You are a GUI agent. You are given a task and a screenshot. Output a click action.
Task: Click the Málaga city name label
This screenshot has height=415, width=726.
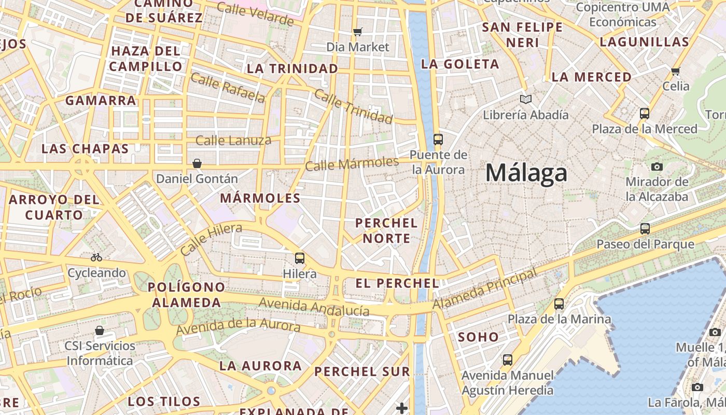coord(526,173)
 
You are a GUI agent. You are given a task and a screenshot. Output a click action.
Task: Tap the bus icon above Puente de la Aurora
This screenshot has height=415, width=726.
coord(438,139)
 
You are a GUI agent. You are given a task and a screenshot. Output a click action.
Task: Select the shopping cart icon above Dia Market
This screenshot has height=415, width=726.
coord(357,32)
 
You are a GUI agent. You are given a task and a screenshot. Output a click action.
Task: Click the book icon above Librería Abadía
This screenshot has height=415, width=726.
coord(526,99)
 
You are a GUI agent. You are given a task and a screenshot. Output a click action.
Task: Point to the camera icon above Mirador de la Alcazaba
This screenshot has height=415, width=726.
coord(657,167)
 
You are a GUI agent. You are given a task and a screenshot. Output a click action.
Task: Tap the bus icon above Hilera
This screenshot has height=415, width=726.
coord(300,258)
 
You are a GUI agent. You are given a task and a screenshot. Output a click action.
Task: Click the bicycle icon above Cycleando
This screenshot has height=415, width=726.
coord(96,257)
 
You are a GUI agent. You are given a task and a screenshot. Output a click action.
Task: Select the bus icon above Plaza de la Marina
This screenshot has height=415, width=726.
coord(559,303)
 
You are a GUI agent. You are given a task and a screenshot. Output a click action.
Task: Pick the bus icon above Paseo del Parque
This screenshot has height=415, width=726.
coord(645,228)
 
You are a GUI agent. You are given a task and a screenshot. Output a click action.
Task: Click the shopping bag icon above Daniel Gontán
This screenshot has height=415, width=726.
coord(197,163)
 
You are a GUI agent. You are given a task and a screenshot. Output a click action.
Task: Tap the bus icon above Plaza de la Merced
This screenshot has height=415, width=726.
coord(645,113)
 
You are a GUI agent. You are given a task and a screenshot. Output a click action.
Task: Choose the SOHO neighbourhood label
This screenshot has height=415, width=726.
coord(478,337)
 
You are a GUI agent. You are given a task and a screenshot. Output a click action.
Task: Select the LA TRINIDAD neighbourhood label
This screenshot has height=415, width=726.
coord(292,68)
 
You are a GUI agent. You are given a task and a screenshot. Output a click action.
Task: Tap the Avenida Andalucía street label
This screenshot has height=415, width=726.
coord(314,307)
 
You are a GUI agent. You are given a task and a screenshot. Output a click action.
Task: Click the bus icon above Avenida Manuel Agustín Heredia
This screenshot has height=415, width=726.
coord(508,359)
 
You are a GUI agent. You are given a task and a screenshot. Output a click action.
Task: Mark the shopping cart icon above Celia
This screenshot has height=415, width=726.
coord(675,71)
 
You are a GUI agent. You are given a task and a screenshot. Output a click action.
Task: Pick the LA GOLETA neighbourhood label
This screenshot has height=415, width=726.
coord(460,64)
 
